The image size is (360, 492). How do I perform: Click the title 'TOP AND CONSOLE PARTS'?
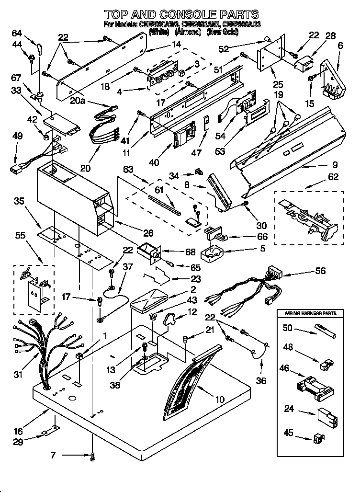coord(181,14)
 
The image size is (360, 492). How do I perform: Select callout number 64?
coord(17,33)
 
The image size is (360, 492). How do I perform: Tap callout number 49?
coord(17,137)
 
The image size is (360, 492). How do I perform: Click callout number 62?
coord(333,177)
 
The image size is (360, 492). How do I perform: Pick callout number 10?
coord(220,398)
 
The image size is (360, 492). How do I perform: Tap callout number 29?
coord(17,442)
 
